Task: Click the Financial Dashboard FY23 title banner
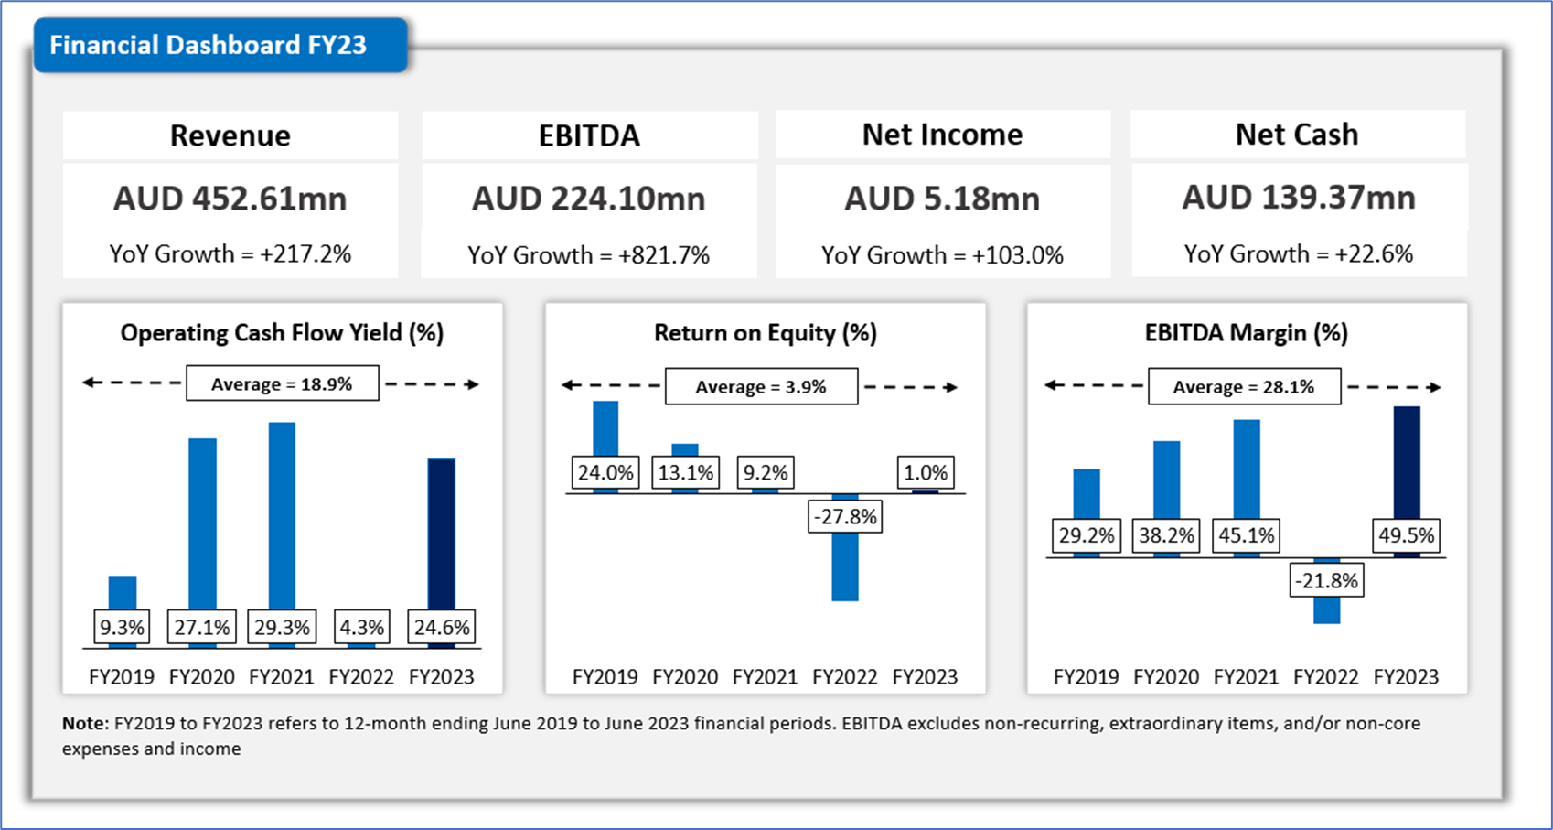tap(209, 45)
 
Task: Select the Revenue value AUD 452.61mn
tap(230, 199)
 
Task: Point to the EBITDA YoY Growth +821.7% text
tap(588, 254)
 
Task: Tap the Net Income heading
tap(942, 135)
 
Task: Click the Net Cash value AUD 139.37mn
tap(1298, 198)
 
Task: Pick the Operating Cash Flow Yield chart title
tap(282, 333)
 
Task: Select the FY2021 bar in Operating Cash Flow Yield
tap(282, 512)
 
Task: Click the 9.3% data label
tap(122, 628)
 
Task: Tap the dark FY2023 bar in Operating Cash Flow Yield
tap(442, 531)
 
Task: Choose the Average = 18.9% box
tap(282, 384)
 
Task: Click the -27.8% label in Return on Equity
tap(845, 517)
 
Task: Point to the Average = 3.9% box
tap(761, 387)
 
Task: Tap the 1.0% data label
tap(926, 473)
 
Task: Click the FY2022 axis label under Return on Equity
tap(844, 677)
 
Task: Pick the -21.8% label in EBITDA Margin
tap(1326, 581)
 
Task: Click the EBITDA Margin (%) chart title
tap(1246, 333)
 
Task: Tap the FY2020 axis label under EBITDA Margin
tap(1166, 677)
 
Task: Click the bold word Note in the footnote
tap(84, 724)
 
